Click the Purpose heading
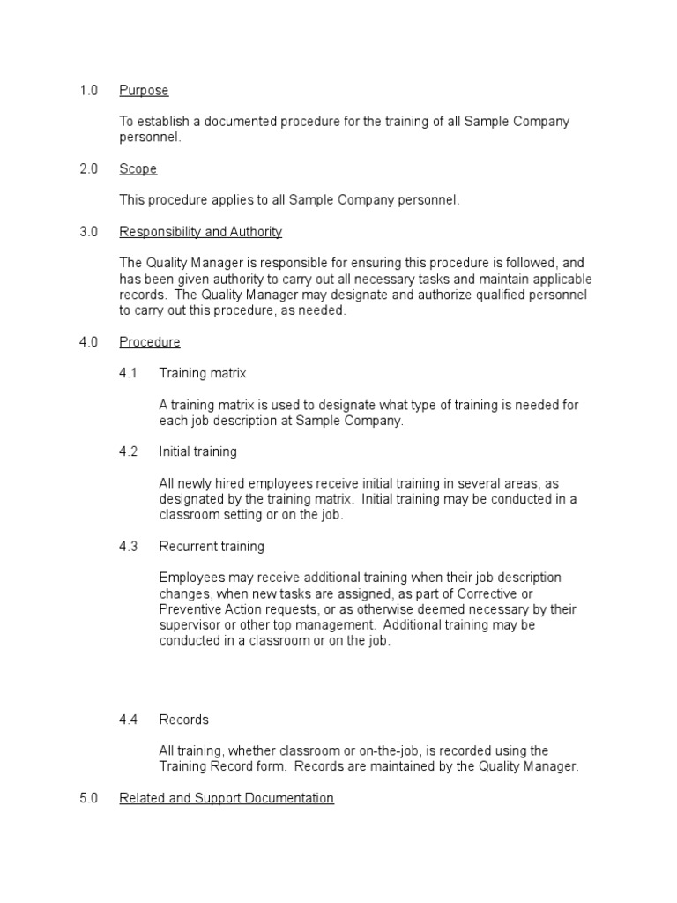click(x=144, y=91)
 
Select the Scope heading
click(x=138, y=169)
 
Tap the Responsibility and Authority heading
click(x=200, y=232)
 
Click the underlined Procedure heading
click(x=150, y=342)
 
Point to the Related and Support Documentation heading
click(x=227, y=798)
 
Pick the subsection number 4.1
click(x=129, y=374)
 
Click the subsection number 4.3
click(x=129, y=547)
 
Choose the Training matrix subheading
click(x=202, y=374)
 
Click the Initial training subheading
click(x=197, y=452)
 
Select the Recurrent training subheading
click(x=212, y=547)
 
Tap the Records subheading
click(x=183, y=720)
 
